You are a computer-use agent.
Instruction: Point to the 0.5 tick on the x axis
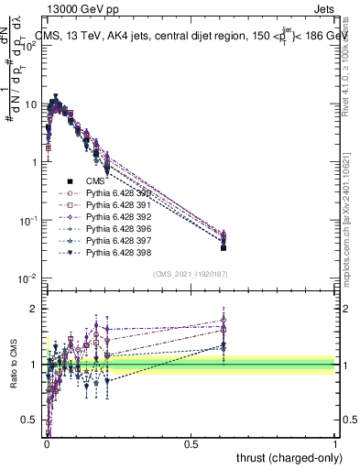[191, 443]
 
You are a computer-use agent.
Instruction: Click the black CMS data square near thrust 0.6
[224, 247]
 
